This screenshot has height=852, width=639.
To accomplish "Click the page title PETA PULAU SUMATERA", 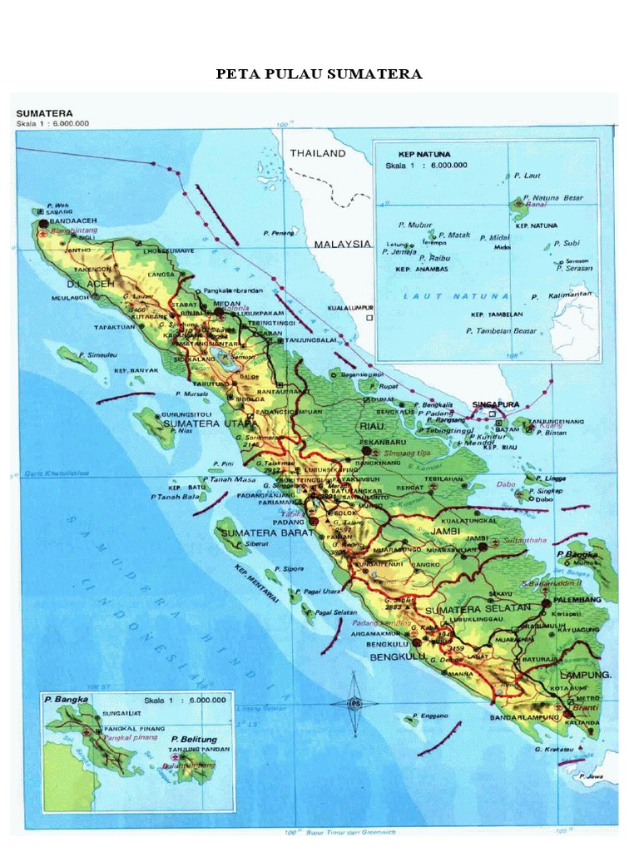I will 319,75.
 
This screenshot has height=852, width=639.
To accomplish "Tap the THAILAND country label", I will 317,154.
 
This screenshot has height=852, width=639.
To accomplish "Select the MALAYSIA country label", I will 342,245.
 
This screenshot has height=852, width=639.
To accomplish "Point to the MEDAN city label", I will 226,304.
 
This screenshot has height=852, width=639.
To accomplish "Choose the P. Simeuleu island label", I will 100,355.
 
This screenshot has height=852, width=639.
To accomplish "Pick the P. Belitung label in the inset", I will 194,739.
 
